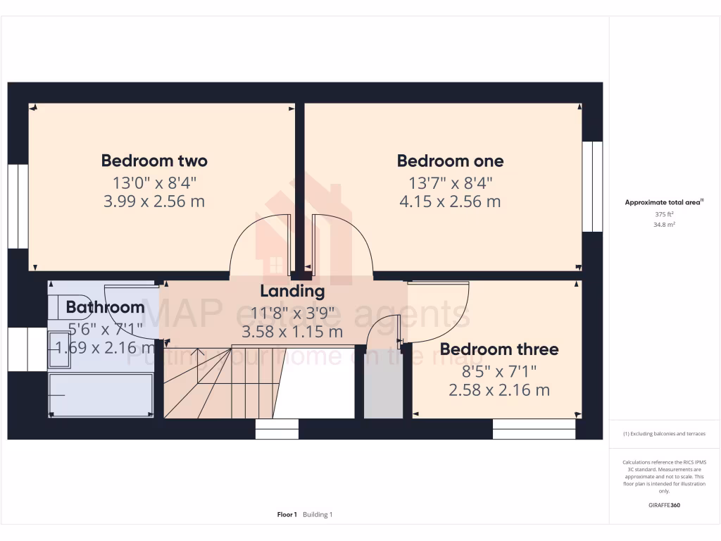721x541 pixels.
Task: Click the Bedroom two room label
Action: [x=154, y=161]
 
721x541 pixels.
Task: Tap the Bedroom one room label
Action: [x=450, y=161]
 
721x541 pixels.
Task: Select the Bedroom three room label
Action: [x=499, y=349]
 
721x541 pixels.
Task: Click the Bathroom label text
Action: [x=105, y=307]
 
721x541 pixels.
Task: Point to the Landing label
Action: [x=292, y=291]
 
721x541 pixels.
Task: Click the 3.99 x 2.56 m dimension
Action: [x=154, y=201]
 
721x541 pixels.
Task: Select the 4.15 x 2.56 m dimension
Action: [x=450, y=201]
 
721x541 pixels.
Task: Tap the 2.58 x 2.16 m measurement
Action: [x=499, y=390]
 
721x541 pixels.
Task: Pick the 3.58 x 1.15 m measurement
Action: [x=292, y=332]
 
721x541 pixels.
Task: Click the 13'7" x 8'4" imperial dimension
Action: [x=450, y=182]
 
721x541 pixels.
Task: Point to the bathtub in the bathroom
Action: [x=101, y=395]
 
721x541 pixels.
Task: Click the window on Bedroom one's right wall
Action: [x=592, y=187]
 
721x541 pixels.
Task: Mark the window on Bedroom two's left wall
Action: [x=18, y=206]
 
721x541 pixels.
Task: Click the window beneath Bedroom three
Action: [x=534, y=429]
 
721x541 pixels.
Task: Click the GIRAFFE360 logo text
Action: [x=664, y=505]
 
